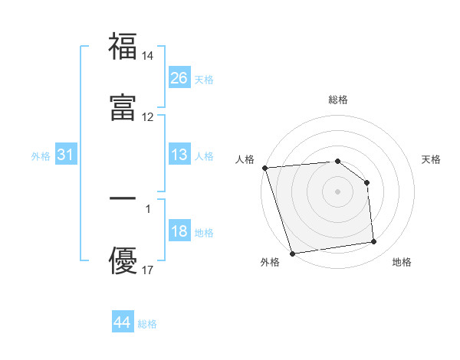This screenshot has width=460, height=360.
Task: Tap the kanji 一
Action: [123, 198]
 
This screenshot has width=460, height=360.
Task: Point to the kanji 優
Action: [123, 260]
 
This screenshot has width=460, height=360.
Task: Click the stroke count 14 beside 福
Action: [148, 56]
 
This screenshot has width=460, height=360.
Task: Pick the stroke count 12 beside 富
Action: [148, 117]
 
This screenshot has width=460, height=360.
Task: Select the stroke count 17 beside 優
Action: [148, 270]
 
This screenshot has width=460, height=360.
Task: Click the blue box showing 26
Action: [179, 77]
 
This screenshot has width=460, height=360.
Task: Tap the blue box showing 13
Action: [179, 155]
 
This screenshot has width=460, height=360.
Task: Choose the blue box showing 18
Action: [179, 231]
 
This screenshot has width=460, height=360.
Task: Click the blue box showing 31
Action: [66, 155]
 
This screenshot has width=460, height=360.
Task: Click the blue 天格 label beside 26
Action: [204, 79]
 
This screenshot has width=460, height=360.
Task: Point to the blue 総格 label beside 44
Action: [147, 324]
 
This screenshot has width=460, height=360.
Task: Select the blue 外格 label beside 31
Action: [41, 156]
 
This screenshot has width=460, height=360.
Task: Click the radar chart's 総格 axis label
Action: [338, 100]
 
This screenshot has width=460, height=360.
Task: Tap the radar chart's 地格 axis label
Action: [402, 262]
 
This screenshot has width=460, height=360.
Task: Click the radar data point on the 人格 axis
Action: [264, 168]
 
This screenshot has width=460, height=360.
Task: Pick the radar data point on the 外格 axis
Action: [292, 253]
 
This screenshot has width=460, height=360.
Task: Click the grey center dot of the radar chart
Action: [338, 191]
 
